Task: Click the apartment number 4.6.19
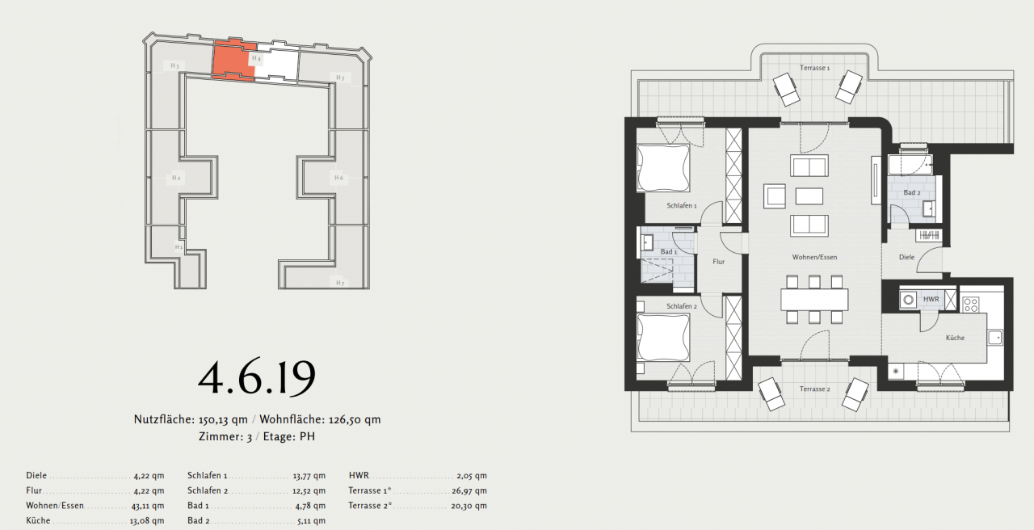256,377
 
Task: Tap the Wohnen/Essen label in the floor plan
814,257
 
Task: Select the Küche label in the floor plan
955,338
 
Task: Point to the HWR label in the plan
931,299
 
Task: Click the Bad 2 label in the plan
912,193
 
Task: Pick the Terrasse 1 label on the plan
814,68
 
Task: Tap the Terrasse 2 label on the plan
814,389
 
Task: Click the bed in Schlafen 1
663,167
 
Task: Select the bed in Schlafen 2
663,338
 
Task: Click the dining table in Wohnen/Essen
814,300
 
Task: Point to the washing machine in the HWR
909,300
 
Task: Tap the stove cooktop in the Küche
971,305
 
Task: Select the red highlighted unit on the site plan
233,61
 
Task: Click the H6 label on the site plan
338,178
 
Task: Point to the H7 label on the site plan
340,283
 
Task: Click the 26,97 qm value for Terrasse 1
469,491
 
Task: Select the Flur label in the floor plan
718,262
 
